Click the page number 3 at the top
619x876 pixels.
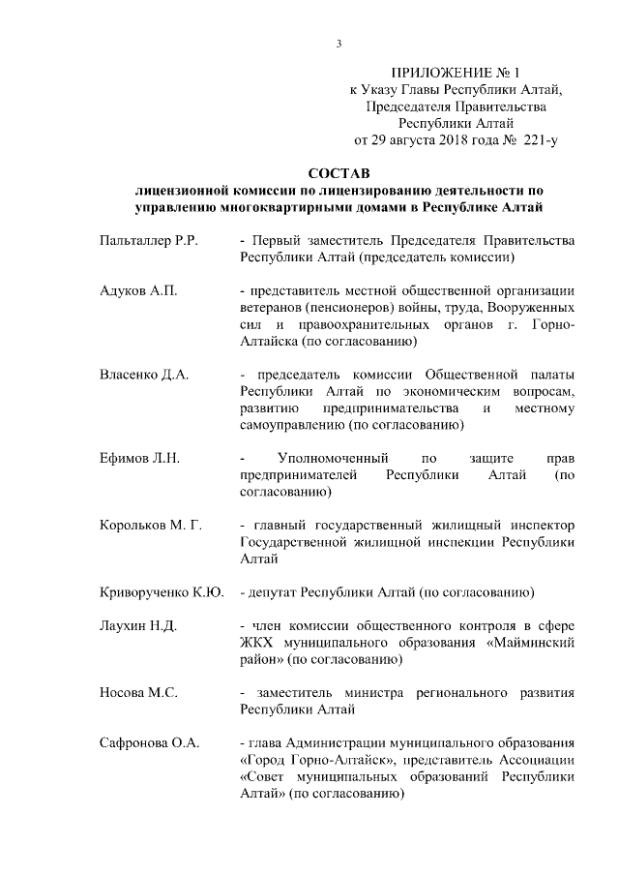339,44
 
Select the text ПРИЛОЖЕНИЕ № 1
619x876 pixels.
455,74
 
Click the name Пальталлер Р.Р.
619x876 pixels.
149,240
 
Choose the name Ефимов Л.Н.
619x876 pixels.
140,457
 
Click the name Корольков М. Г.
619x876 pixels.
150,526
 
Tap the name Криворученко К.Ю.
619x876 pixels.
162,591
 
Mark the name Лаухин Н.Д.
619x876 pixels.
138,625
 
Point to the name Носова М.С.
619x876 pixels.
139,693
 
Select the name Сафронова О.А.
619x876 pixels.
149,743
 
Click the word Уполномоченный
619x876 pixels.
333,457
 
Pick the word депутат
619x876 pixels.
275,591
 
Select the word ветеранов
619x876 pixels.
271,307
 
